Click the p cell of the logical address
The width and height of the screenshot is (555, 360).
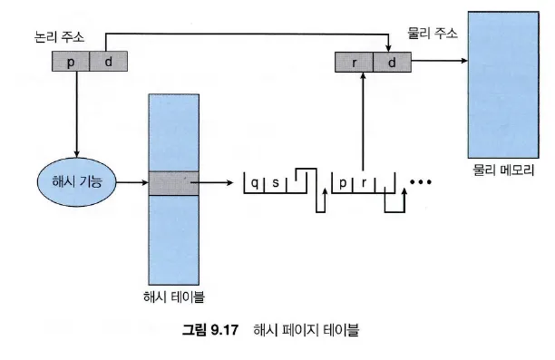tap(71, 62)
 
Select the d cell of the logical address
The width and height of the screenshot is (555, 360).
tap(108, 62)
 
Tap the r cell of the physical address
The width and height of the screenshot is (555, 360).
tap(354, 63)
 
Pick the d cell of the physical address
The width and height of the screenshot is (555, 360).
tap(392, 63)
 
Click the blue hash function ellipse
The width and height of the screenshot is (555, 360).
tap(77, 182)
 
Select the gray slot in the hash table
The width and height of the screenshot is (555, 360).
tap(173, 183)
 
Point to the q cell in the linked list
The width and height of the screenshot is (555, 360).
tap(254, 183)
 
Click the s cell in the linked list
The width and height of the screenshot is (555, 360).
tap(276, 183)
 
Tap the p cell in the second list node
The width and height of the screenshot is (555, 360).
tap(342, 183)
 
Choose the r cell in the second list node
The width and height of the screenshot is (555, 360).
tap(364, 183)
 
